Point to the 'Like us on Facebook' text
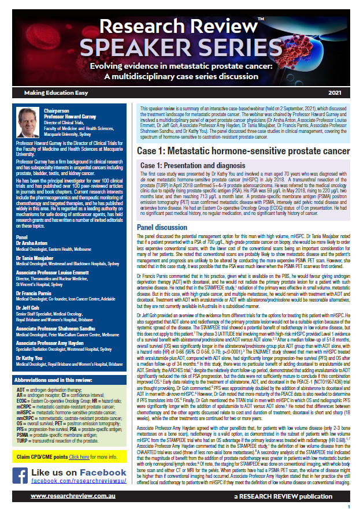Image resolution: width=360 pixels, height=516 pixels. pos(81,473)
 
